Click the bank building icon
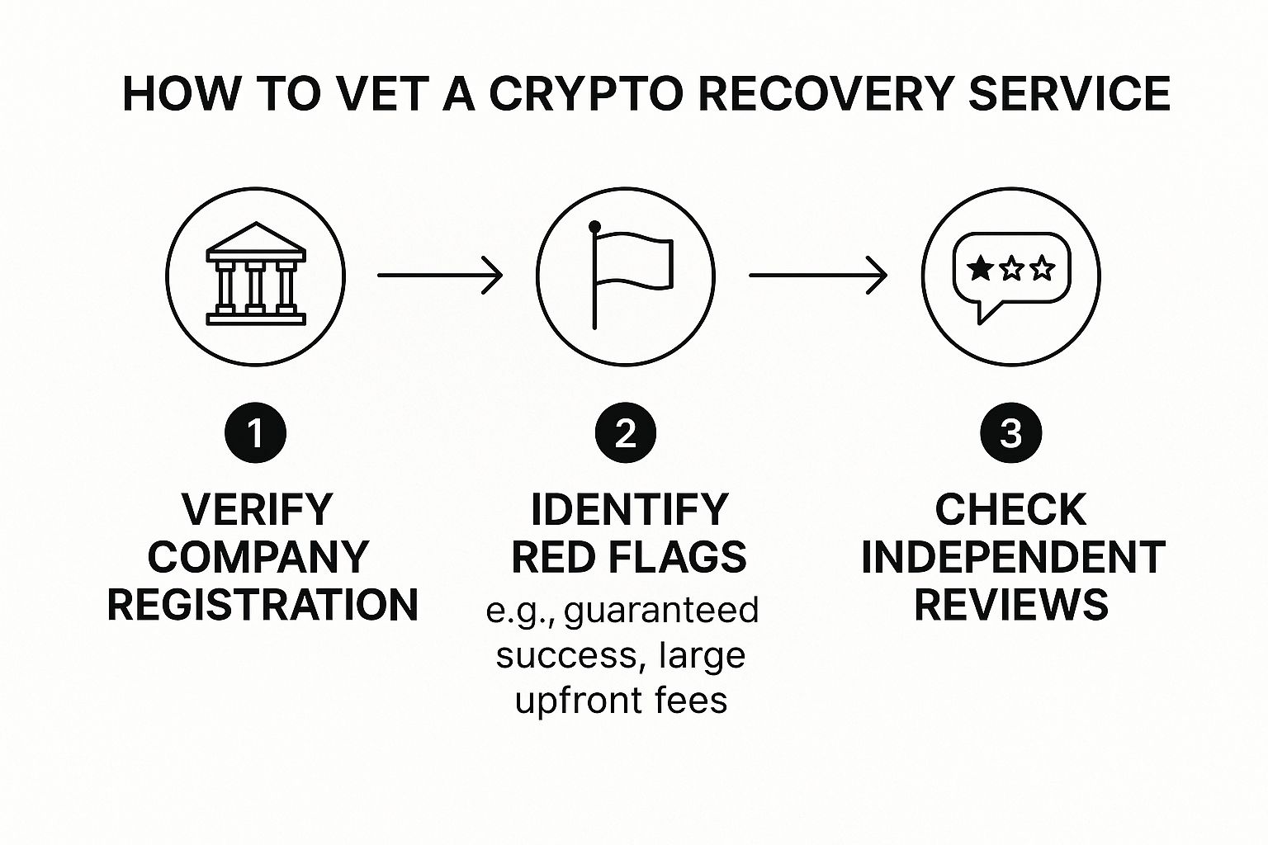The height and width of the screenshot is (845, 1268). click(256, 275)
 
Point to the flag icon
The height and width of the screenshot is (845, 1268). click(629, 275)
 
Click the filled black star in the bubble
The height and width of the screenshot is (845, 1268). click(980, 268)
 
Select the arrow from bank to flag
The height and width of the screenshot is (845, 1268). click(440, 275)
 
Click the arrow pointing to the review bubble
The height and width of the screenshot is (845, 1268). click(817, 275)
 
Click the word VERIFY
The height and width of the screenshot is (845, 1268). click(257, 509)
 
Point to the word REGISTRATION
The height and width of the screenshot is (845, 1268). click(263, 605)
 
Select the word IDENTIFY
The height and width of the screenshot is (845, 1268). click(629, 509)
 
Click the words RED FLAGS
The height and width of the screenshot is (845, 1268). click(629, 557)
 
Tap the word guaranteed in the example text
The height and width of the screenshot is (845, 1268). click(661, 611)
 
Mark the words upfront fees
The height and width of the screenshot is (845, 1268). click(621, 700)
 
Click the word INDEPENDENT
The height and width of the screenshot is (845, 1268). click(1013, 557)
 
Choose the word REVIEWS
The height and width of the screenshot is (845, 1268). click(1011, 605)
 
